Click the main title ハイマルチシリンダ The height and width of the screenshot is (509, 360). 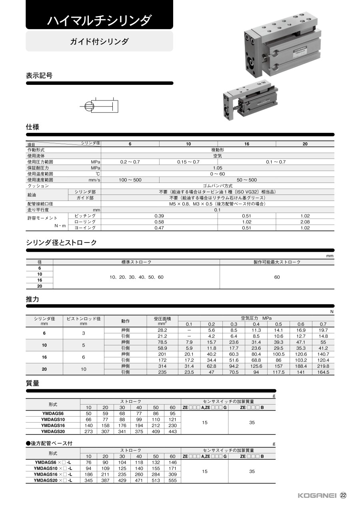(x=99, y=20)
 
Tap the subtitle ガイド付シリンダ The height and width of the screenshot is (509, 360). (x=99, y=41)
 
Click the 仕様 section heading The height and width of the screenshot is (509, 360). (x=32, y=127)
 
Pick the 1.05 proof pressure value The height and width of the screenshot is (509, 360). (x=217, y=168)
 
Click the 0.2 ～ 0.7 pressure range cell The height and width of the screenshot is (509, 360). (x=130, y=162)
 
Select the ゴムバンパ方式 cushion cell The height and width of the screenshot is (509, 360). (x=217, y=186)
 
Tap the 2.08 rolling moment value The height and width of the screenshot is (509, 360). (x=305, y=222)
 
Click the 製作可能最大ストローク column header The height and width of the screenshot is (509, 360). (x=277, y=262)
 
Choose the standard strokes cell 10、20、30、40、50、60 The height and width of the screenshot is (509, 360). (x=136, y=277)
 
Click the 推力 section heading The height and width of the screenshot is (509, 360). (x=32, y=299)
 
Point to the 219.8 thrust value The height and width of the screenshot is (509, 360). (x=323, y=366)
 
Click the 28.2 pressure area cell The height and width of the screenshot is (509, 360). (x=162, y=330)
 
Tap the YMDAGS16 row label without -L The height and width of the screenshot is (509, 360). (x=53, y=425)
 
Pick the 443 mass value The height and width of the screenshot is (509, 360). (x=172, y=431)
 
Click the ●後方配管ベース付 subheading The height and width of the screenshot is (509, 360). (x=49, y=443)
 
